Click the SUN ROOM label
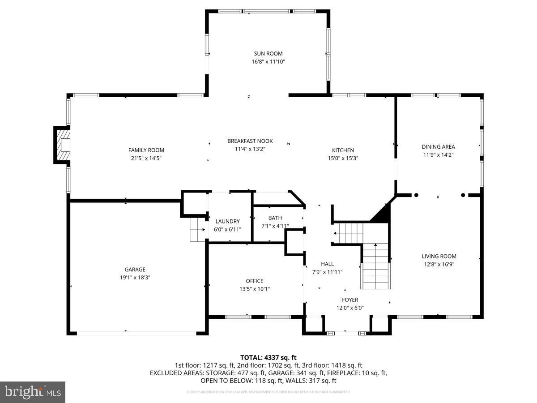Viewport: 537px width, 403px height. click(268, 54)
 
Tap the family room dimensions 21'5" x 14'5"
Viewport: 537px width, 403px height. click(146, 158)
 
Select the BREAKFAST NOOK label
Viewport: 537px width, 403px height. click(250, 141)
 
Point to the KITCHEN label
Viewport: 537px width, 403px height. click(343, 150)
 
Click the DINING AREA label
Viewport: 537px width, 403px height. click(438, 147)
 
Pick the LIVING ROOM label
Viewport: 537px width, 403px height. click(439, 257)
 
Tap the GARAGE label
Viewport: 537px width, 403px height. click(135, 270)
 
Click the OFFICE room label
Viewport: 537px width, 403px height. click(254, 281)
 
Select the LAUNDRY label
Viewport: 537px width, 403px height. click(227, 221)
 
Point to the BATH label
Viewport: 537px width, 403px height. click(275, 218)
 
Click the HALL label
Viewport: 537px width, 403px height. click(327, 264)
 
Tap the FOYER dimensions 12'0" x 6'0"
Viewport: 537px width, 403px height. click(349, 308)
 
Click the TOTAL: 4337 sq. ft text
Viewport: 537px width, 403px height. click(268, 357)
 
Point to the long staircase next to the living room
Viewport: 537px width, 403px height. click(375, 266)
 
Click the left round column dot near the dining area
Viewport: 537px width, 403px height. click(416, 195)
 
